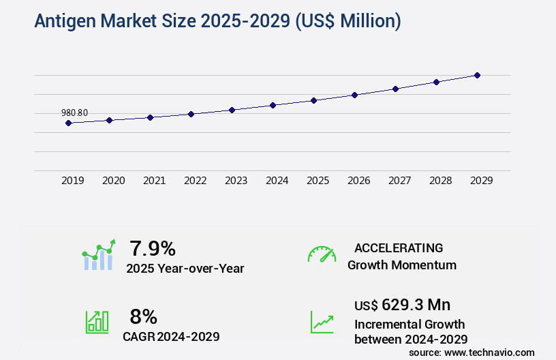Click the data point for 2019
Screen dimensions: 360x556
(68, 123)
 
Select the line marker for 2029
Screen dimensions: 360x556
(477, 75)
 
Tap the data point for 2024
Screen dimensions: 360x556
(273, 105)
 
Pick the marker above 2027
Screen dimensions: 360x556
(395, 89)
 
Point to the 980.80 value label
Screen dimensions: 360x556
(75, 113)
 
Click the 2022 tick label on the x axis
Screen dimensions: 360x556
(196, 181)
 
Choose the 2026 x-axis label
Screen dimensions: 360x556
(359, 181)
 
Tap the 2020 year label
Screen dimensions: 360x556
(114, 181)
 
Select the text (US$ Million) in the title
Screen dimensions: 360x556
(347, 21)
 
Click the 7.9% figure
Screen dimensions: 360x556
(153, 248)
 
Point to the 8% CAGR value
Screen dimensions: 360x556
(143, 316)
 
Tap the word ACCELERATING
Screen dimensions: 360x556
(399, 248)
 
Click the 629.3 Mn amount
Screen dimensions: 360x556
(416, 305)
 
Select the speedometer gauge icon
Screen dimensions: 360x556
(322, 254)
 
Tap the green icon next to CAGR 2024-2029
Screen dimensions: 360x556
(97, 322)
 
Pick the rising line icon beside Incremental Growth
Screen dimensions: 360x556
(322, 322)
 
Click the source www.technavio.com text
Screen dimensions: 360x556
(472, 352)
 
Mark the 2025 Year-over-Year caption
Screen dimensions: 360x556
(185, 269)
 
